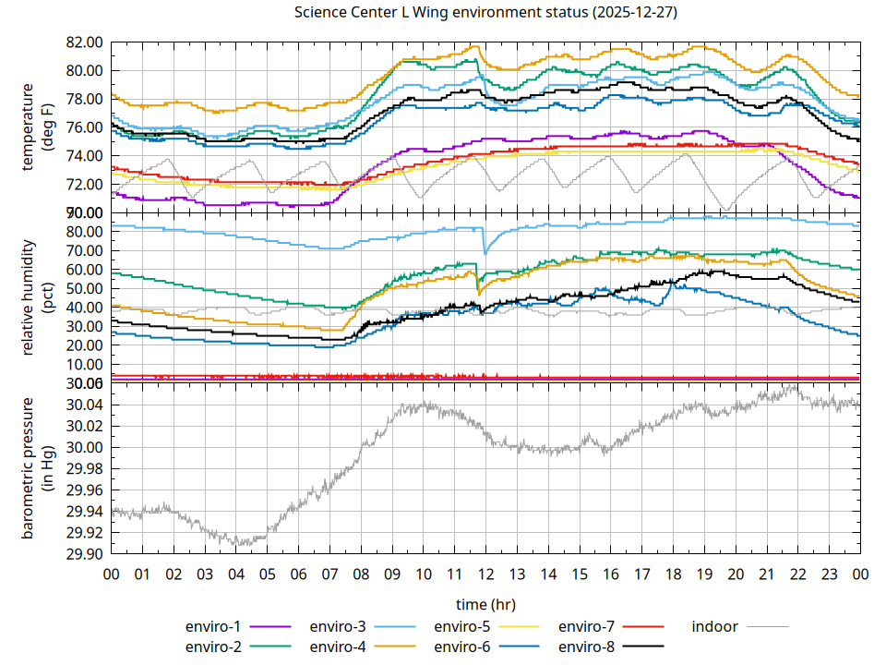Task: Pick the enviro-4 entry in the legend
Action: pos(337,646)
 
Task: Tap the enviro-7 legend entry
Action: pos(586,626)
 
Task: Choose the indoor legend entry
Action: pos(715,626)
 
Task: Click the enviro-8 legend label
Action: pos(586,646)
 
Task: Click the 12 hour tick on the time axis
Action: pos(485,574)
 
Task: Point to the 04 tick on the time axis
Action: pos(236,574)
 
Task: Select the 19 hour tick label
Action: pos(704,574)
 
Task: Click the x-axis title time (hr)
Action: pos(485,603)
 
